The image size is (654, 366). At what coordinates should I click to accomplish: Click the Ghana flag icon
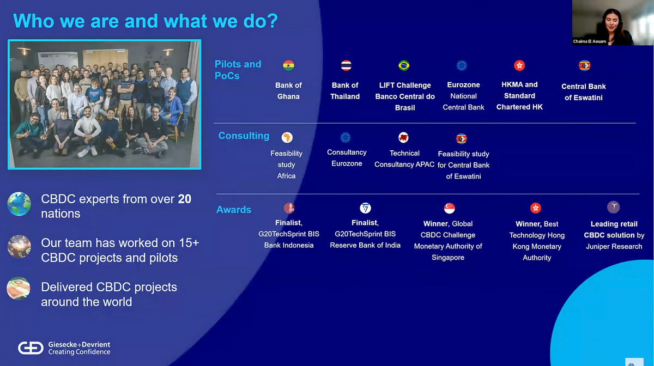tap(288, 65)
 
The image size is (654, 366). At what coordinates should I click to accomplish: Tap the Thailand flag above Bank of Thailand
tap(346, 65)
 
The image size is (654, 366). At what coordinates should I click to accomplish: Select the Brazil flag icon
tap(404, 65)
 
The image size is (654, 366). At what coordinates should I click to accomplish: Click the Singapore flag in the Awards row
tap(449, 208)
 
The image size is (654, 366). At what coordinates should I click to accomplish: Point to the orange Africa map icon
tap(287, 137)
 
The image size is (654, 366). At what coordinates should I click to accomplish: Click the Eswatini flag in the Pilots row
tap(584, 65)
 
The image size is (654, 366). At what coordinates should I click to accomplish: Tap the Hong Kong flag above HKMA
tap(519, 65)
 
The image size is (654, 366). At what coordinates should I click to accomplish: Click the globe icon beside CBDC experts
tap(19, 204)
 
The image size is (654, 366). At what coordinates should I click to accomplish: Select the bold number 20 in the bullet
tap(185, 199)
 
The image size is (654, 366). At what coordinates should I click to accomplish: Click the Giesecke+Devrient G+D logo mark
tap(31, 348)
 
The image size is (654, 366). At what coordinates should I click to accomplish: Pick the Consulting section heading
tap(244, 136)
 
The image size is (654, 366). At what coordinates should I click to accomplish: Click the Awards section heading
tap(234, 210)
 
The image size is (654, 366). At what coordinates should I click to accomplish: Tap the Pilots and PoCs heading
tap(238, 70)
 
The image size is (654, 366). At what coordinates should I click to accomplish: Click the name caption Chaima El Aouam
tap(590, 41)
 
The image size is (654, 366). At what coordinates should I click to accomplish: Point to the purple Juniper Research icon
tap(614, 207)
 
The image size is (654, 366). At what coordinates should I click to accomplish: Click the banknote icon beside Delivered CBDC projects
tap(19, 288)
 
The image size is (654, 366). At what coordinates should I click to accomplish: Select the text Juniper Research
tap(614, 246)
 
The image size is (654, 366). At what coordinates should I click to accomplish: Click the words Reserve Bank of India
tap(365, 245)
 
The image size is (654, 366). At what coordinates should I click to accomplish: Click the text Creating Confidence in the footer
tap(79, 352)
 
